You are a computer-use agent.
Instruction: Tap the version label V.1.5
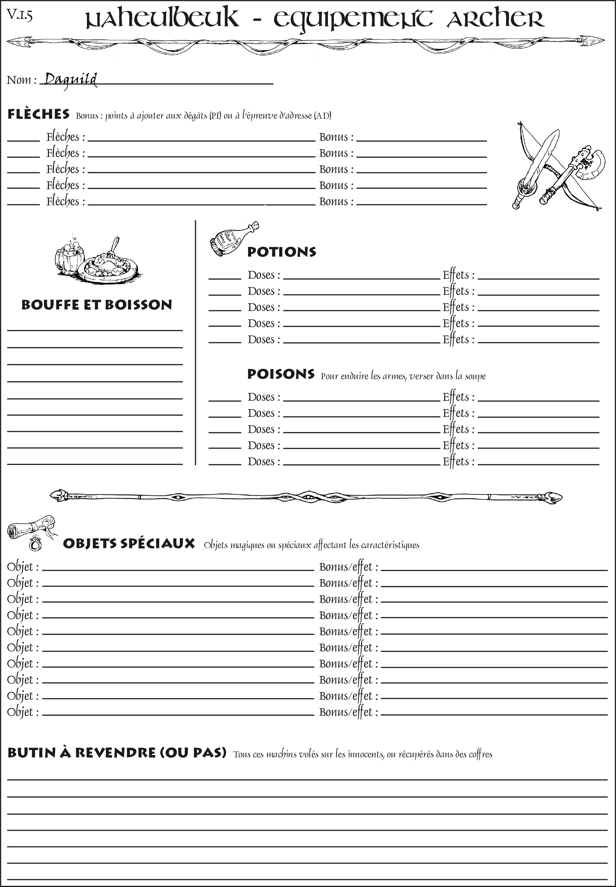click(x=19, y=15)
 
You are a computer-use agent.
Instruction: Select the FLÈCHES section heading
click(x=39, y=114)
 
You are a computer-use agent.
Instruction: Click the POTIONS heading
click(x=281, y=252)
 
